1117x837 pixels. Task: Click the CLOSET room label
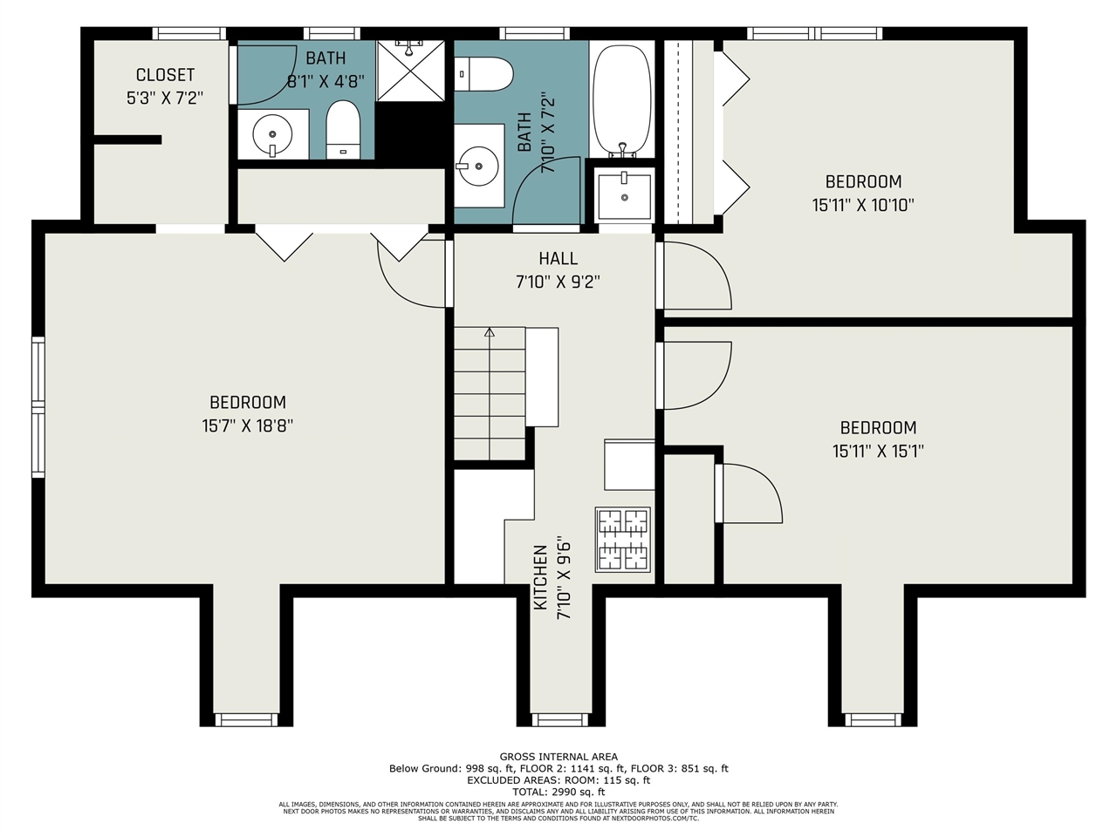tap(165, 75)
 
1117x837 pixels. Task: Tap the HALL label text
tap(558, 259)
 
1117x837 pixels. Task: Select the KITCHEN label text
tap(540, 577)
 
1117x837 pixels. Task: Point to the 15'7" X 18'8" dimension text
tap(247, 425)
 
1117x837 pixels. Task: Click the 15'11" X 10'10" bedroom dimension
tap(863, 205)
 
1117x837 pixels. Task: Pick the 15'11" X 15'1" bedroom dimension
tap(878, 451)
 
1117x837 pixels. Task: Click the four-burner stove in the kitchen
tap(623, 540)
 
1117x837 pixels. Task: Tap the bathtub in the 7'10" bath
tap(622, 100)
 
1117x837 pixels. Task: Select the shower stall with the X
tap(410, 71)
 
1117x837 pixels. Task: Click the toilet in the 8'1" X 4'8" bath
tap(343, 130)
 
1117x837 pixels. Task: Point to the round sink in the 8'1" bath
tap(272, 134)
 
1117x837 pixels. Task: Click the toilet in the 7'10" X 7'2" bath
tap(483, 74)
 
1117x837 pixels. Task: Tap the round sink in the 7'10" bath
tap(477, 167)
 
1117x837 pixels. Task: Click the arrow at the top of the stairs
tap(490, 332)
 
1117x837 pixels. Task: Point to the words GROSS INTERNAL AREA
tap(558, 757)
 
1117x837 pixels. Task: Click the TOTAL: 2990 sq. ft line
tap(558, 792)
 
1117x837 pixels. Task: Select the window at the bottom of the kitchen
tap(559, 719)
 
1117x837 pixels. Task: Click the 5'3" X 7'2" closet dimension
tap(165, 98)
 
